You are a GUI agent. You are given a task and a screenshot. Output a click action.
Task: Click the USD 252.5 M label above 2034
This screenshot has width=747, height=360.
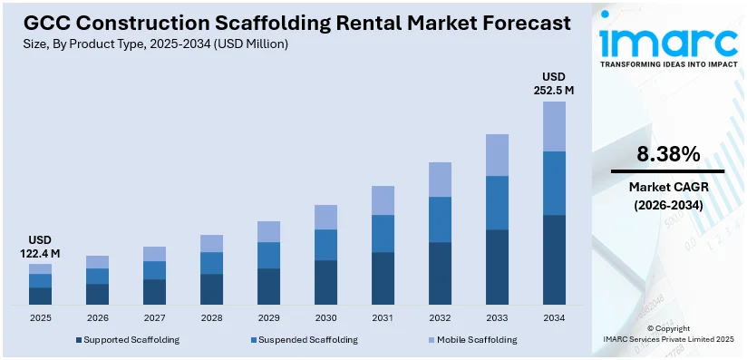click(553, 83)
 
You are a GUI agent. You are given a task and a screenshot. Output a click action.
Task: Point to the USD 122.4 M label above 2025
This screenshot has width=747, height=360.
click(40, 247)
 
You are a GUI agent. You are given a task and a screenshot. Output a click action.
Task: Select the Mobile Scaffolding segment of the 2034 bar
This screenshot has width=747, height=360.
click(554, 126)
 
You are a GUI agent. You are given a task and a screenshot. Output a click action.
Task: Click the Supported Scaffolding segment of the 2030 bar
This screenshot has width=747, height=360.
click(325, 282)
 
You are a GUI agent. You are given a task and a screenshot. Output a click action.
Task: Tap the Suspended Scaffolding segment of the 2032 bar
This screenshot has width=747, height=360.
click(440, 219)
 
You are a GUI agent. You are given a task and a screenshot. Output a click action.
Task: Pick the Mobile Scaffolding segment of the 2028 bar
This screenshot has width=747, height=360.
click(211, 243)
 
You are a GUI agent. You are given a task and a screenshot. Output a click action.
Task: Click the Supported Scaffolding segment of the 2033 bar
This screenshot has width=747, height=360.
click(497, 267)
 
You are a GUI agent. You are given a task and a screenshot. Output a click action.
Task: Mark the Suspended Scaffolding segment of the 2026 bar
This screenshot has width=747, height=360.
click(97, 276)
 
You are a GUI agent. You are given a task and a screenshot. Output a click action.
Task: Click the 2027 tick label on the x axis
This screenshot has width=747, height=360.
click(154, 318)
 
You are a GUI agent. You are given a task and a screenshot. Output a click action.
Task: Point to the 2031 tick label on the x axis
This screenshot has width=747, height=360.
click(383, 318)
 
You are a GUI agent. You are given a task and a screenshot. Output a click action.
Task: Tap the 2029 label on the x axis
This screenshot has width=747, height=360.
click(268, 318)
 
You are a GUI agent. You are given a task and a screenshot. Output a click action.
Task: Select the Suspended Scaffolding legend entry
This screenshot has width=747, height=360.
click(306, 340)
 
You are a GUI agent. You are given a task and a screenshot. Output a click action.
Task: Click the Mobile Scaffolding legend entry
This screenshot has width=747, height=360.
click(474, 340)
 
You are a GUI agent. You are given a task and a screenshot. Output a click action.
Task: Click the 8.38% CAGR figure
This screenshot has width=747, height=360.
click(667, 154)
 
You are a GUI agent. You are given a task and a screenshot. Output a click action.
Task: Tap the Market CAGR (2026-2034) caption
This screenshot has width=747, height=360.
click(667, 196)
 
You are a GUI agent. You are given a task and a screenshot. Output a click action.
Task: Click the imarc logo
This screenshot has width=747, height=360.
click(668, 42)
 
